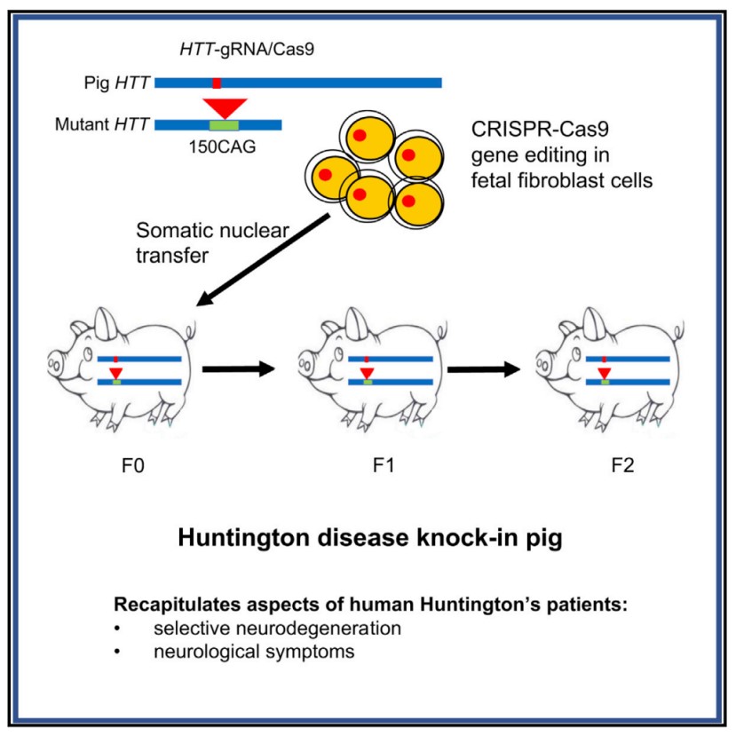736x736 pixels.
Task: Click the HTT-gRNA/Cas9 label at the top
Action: (227, 54)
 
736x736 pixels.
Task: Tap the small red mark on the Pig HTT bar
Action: (217, 83)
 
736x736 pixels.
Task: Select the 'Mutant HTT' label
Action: (101, 124)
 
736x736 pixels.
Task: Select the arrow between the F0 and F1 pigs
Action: (239, 368)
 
